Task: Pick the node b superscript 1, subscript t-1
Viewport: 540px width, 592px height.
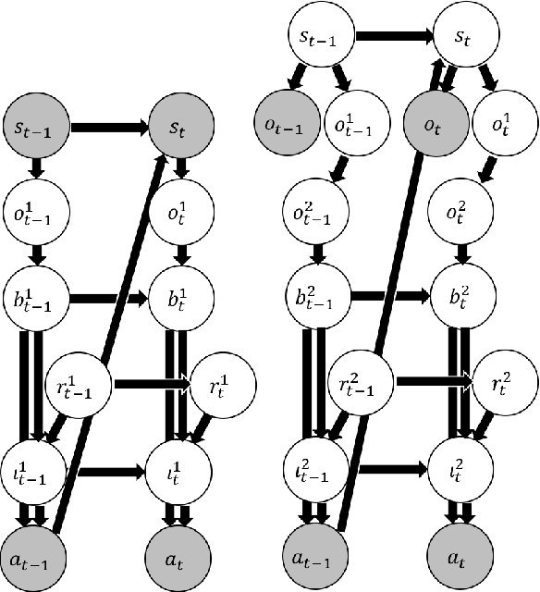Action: tap(31, 299)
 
